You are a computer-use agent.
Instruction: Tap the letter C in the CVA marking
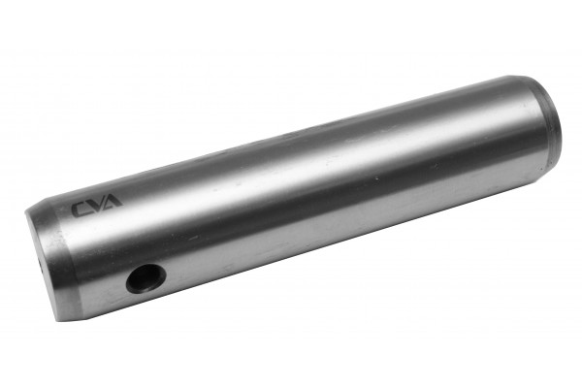point(80,210)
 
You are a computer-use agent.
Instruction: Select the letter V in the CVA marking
point(95,205)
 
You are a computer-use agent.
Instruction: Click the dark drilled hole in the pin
point(145,278)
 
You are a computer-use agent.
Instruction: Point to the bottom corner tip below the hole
point(57,321)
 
